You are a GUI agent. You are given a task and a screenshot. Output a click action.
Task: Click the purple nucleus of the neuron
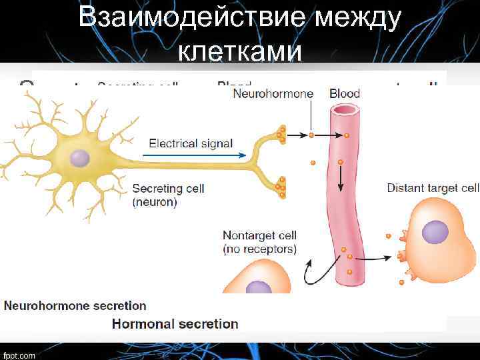coord(80,158)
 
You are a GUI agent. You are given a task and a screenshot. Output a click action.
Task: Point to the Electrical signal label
coord(191,143)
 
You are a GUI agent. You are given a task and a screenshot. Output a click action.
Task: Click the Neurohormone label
coord(273,94)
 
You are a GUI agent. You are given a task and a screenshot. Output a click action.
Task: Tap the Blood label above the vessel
coord(345,94)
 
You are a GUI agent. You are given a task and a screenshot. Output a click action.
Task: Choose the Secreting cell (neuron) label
coord(168,195)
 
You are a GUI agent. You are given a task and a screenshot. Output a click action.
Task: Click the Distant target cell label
coord(433,189)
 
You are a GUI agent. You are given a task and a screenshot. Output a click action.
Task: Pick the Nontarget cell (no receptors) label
coord(259,243)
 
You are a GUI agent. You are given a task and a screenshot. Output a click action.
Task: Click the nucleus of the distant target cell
coord(435,232)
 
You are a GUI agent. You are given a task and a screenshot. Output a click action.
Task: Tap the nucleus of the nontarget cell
coord(257,287)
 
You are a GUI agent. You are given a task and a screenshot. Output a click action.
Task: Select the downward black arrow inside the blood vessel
coord(340,177)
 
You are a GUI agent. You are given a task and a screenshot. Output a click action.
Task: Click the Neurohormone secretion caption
coord(75,306)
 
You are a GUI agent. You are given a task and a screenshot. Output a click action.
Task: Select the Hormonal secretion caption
coord(175,324)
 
